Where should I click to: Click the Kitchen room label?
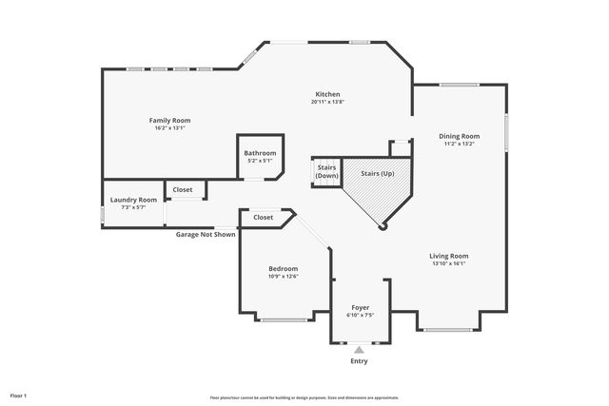point(328,94)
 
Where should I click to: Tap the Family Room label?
point(169,120)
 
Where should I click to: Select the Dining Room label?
point(459,136)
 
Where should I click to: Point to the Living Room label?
point(449,256)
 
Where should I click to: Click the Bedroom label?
point(283,269)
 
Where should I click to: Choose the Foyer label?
point(360,308)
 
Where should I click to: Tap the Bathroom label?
point(260,153)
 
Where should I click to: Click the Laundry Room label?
point(133,200)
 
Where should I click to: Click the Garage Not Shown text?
point(206,234)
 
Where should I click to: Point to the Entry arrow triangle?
point(359,350)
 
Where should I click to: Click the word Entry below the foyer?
point(359,361)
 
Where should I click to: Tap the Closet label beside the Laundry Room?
point(182,190)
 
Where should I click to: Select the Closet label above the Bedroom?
point(263,218)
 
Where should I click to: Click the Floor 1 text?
point(19,395)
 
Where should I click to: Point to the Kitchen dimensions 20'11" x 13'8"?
point(328,102)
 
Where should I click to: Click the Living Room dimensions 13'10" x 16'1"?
point(449,264)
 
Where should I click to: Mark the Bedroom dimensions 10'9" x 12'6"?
point(283,277)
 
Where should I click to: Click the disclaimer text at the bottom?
point(304,397)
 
